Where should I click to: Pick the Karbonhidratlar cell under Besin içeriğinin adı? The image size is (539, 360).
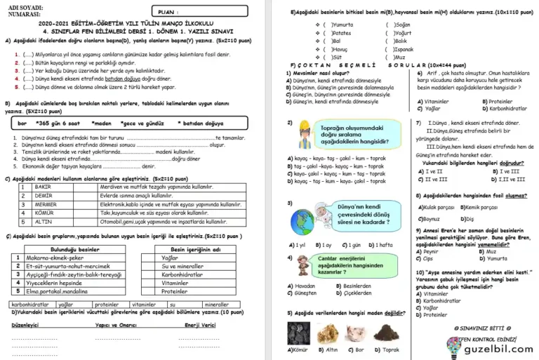[x=185, y=274]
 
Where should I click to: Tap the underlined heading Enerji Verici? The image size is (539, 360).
[x=200, y=325]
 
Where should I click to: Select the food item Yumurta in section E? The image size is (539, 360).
[x=344, y=24]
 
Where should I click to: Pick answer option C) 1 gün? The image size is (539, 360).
[x=352, y=245]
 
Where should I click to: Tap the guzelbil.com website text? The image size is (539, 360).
[x=498, y=348]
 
